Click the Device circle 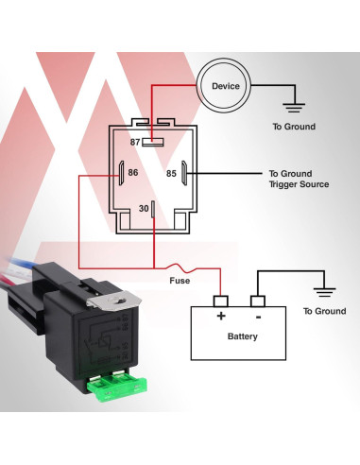(226, 87)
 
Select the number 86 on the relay (134, 173)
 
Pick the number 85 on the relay (171, 173)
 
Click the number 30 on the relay (143, 208)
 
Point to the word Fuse (180, 281)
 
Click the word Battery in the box (243, 336)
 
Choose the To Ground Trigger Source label (299, 179)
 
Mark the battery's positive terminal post (221, 301)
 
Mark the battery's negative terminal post (256, 301)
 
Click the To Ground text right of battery (324, 311)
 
